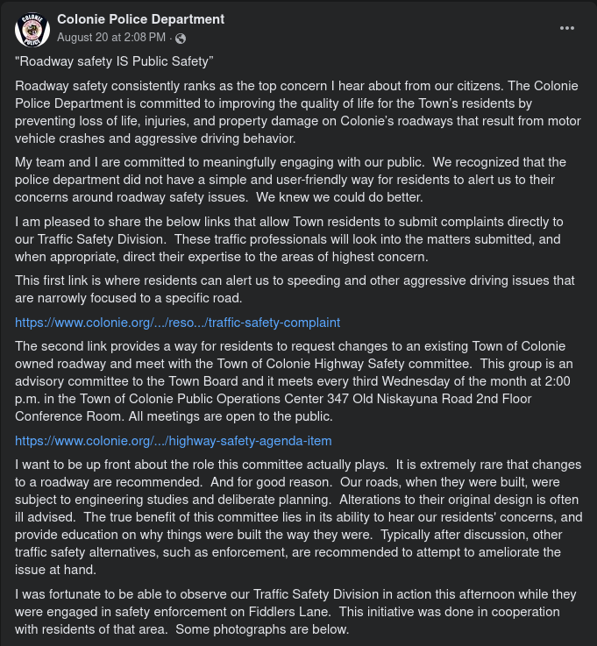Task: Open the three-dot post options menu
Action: pos(568,27)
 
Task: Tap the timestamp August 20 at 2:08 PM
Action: pos(111,38)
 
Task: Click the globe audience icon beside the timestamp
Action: pos(181,39)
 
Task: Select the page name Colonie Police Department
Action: pos(141,19)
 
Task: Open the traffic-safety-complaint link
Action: pos(177,322)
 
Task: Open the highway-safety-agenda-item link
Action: pos(173,440)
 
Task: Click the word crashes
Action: pos(90,138)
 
